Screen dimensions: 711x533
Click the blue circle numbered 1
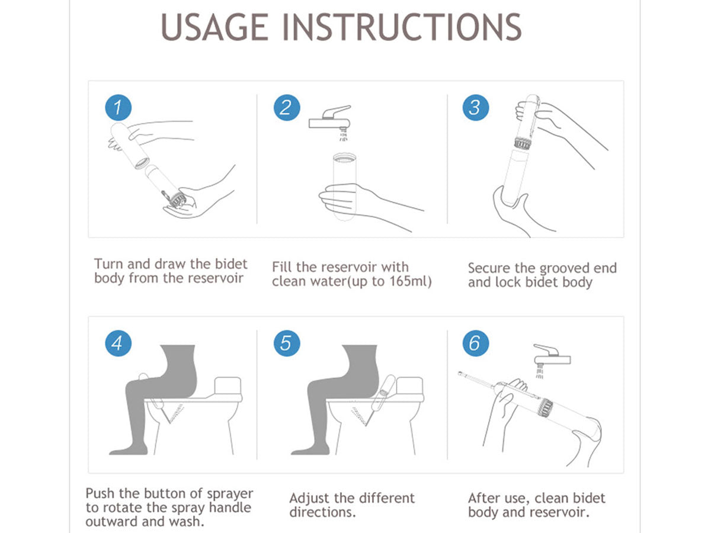[x=118, y=107]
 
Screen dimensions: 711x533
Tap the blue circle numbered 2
[x=287, y=107]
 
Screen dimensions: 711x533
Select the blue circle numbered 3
[x=476, y=107]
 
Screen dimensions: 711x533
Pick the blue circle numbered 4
[x=118, y=343]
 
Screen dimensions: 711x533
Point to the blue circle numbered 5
[x=287, y=343]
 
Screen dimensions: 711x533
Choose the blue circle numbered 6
[x=476, y=343]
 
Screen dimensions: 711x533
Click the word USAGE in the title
[x=214, y=27]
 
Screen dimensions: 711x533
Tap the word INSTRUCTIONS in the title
[x=401, y=27]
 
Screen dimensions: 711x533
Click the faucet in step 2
[x=330, y=118]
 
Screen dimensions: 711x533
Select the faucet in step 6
[x=552, y=355]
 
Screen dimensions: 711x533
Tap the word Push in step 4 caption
[x=100, y=493]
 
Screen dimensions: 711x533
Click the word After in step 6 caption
[x=484, y=499]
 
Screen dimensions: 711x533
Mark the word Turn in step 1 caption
[x=109, y=264]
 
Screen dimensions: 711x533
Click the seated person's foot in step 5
[x=310, y=449]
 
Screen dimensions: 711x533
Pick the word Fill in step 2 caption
[x=282, y=267]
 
